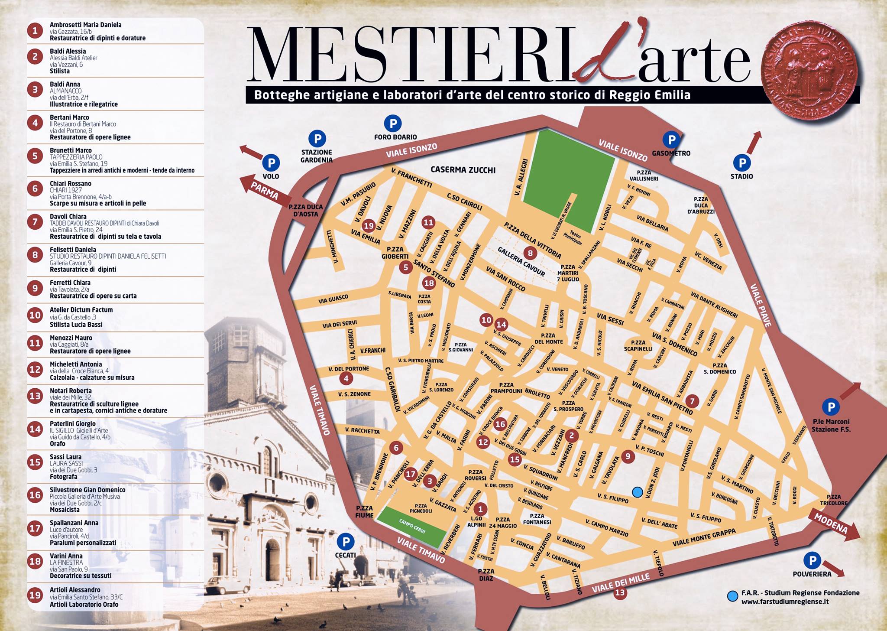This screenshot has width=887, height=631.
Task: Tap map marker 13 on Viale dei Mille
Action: (620, 592)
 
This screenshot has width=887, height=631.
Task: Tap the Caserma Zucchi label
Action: (463, 170)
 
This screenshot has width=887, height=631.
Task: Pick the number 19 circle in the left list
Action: (35, 595)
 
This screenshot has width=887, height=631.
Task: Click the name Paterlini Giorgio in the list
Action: (72, 424)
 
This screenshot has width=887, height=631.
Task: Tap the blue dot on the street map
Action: (637, 492)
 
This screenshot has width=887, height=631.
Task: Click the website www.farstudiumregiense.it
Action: (785, 602)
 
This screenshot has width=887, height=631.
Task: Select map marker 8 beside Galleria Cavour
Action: (530, 253)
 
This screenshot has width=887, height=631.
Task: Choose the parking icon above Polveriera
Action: (812, 560)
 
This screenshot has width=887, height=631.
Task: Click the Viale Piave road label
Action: (761, 305)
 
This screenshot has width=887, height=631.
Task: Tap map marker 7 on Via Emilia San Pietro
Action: (692, 401)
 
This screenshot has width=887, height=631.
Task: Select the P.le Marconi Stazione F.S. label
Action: (831, 425)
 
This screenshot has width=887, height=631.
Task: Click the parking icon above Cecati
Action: (345, 541)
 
